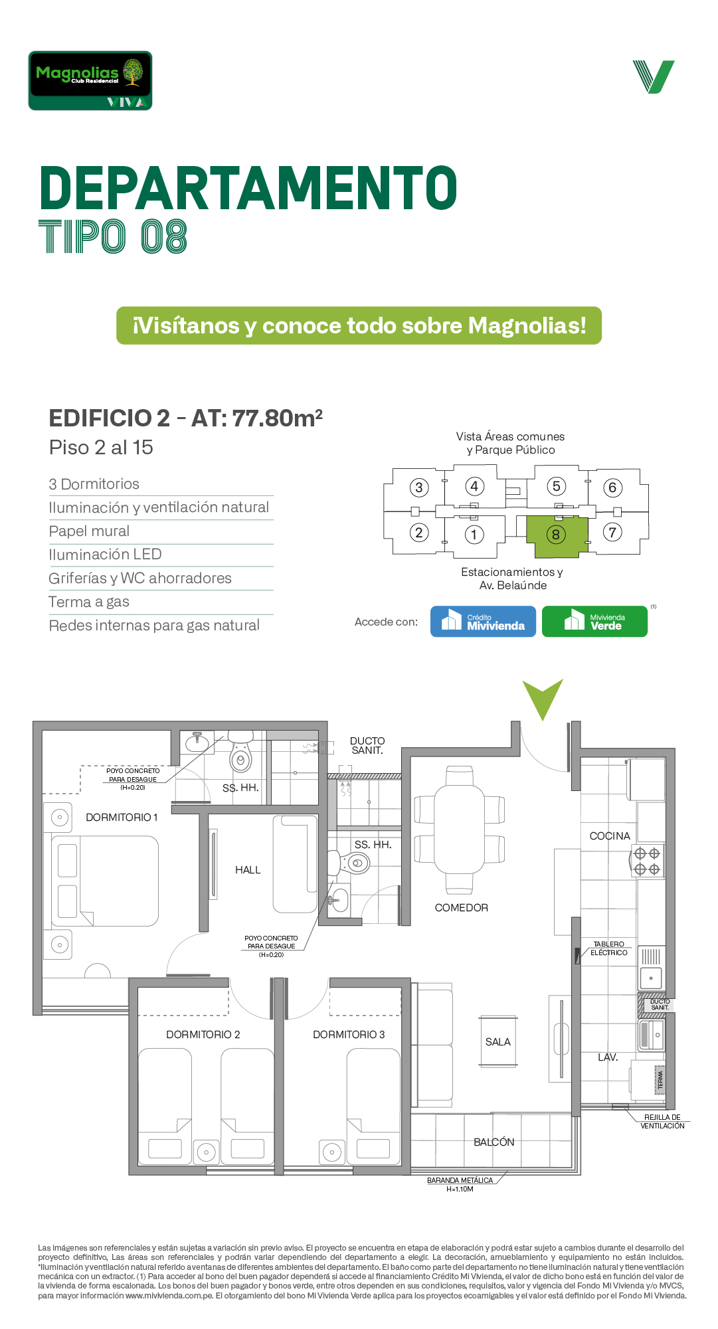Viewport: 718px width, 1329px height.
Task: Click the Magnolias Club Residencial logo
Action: point(90,80)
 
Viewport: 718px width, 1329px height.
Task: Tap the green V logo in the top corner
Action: point(654,77)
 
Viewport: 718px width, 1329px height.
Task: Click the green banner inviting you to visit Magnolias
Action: point(359,325)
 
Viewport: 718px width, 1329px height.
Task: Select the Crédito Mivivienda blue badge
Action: point(483,622)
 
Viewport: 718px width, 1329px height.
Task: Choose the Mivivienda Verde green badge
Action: point(594,622)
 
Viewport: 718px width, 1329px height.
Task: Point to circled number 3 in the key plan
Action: point(418,488)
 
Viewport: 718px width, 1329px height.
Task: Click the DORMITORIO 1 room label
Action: point(122,818)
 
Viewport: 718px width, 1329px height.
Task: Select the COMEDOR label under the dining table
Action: point(462,908)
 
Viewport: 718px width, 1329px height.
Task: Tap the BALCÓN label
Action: point(494,1142)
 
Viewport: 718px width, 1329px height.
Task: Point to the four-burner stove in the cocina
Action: point(647,861)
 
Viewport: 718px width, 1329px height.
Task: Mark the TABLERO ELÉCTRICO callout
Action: point(609,948)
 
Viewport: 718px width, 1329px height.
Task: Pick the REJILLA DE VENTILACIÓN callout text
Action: point(662,1122)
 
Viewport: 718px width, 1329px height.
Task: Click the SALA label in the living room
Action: point(498,1042)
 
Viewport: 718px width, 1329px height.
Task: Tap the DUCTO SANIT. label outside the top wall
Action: point(367,746)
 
